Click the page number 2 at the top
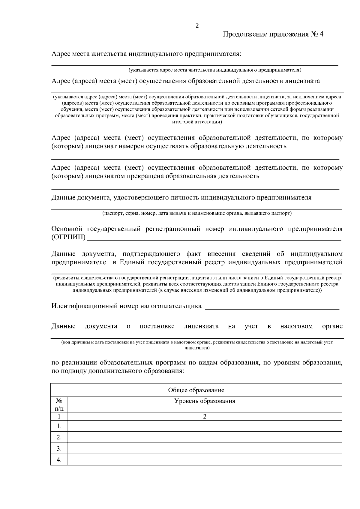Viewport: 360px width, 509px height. (x=197, y=26)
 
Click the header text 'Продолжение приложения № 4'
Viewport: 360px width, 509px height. (x=273, y=34)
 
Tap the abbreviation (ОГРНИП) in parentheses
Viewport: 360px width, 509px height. (x=68, y=238)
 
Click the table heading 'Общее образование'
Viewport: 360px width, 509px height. (x=196, y=390)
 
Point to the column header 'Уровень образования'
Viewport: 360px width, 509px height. (x=205, y=401)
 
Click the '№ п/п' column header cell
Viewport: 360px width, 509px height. (x=59, y=405)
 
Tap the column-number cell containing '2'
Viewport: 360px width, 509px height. (x=205, y=416)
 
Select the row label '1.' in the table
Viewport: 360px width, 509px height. (x=59, y=426)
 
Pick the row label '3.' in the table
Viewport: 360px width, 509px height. (x=59, y=449)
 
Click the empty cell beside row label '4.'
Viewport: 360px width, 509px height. (x=205, y=460)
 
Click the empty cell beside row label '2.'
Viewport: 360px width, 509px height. (x=205, y=437)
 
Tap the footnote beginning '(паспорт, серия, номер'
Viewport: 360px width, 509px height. (x=197, y=213)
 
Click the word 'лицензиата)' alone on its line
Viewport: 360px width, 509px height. (x=197, y=348)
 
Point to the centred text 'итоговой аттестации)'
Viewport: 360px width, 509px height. (x=197, y=122)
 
